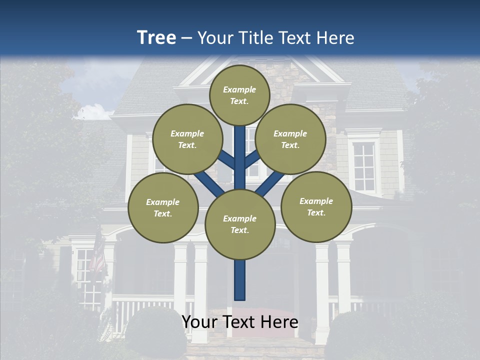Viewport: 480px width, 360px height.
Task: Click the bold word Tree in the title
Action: tap(156, 38)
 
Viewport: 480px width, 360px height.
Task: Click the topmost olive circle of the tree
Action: tap(239, 95)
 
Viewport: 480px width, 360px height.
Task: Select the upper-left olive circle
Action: tap(187, 139)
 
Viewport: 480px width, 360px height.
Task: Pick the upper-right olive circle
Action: tap(290, 139)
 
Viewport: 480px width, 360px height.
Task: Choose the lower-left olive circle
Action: tap(163, 207)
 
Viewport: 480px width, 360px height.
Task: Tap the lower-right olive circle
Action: tap(316, 206)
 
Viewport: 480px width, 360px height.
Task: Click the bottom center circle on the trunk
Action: tap(240, 224)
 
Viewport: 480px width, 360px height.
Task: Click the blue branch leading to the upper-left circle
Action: tap(226, 160)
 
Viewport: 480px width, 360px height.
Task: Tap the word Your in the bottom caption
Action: tap(199, 322)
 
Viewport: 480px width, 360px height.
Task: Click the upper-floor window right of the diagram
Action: tap(364, 166)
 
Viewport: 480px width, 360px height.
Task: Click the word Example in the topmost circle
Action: tap(239, 89)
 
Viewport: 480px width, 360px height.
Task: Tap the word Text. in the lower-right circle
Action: tap(316, 212)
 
